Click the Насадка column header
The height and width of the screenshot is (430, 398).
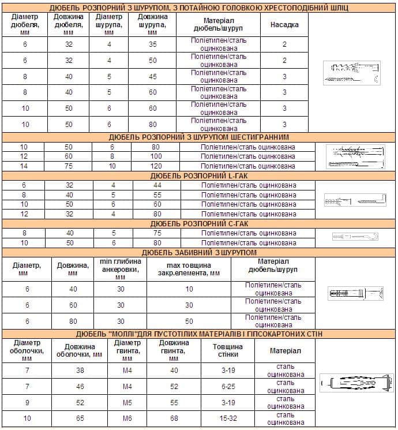[284, 25]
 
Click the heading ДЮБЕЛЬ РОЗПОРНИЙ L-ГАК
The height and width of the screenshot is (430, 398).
[199, 175]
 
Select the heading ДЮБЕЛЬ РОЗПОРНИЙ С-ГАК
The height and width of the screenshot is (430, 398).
[199, 223]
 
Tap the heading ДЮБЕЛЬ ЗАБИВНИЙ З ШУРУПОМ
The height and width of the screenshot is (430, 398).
[199, 252]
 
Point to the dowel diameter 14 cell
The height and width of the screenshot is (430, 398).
[24, 166]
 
